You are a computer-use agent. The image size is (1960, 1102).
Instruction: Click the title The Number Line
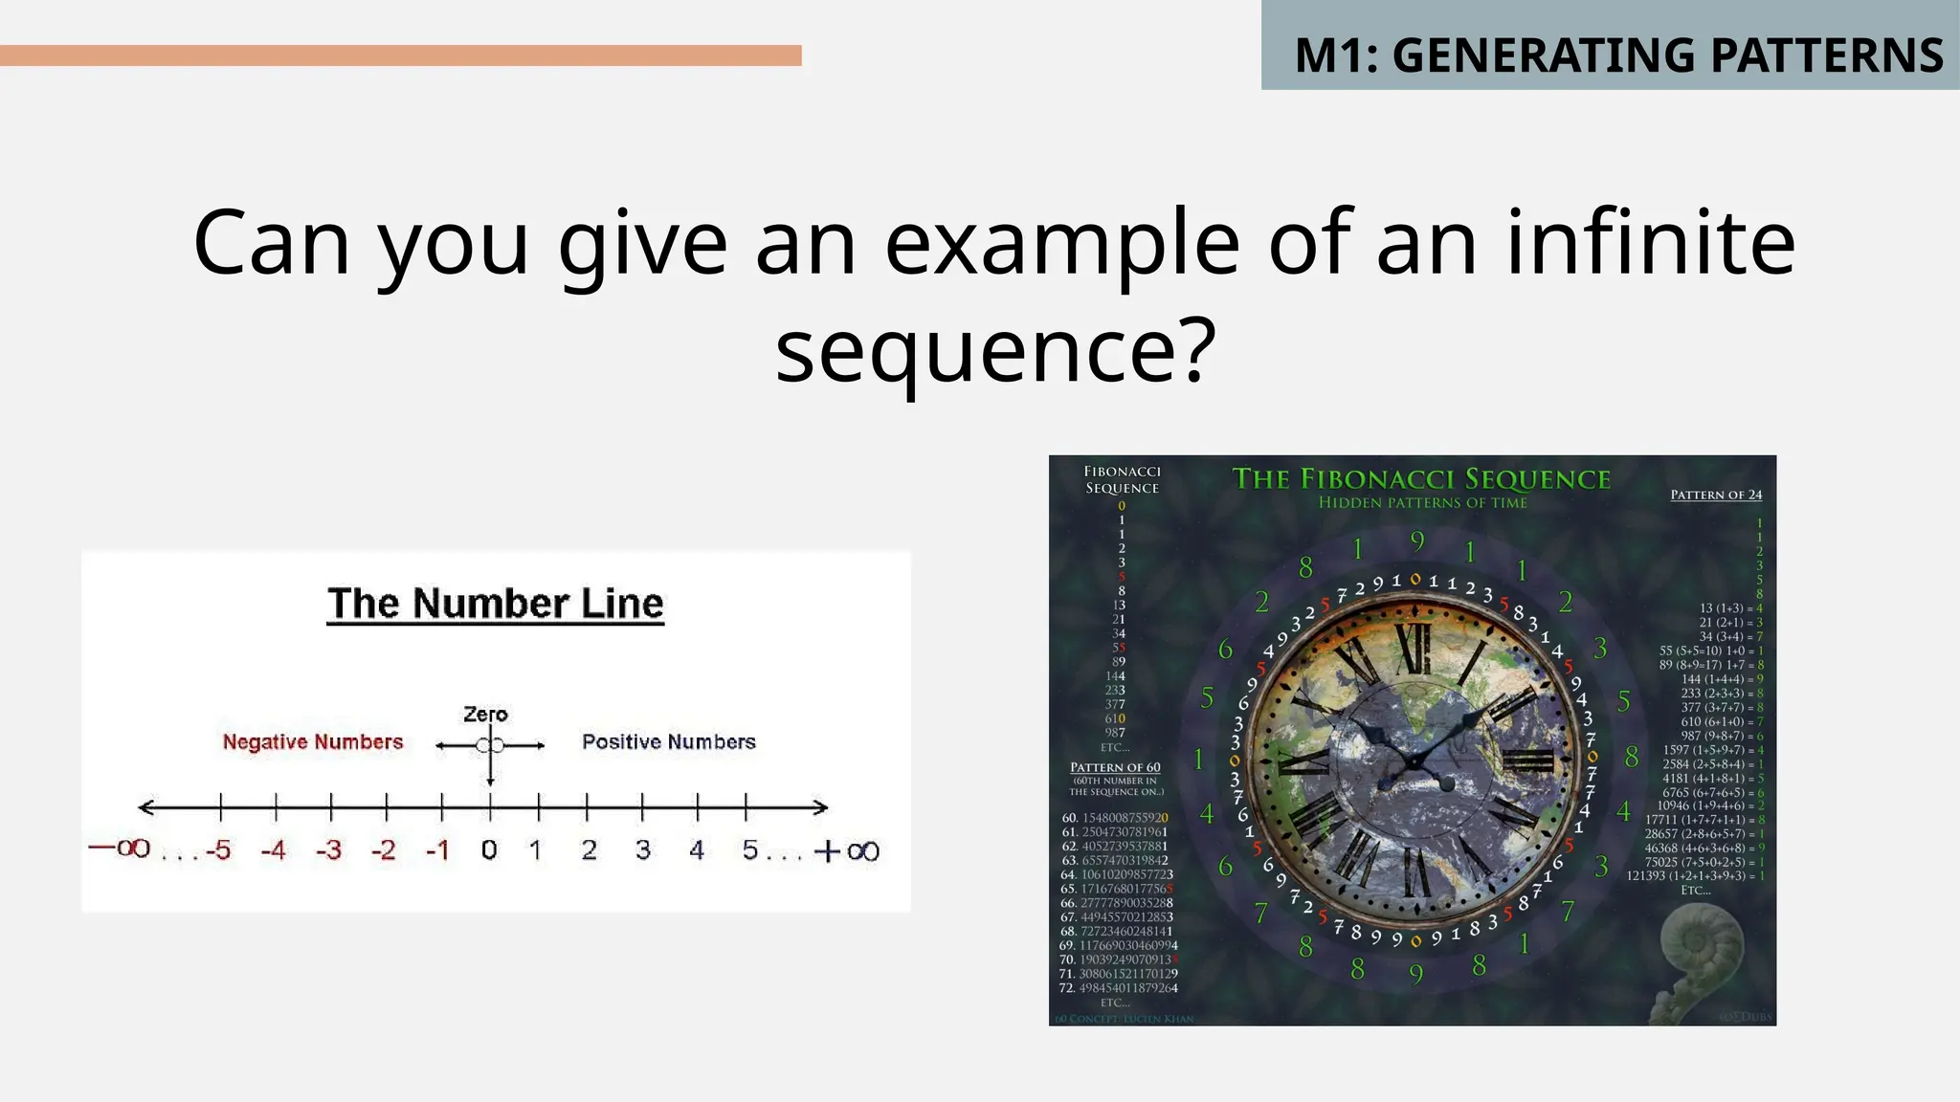pos(495,604)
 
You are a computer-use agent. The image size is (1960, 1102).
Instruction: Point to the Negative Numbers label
pos(313,741)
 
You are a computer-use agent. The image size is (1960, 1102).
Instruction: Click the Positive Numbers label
pos(668,741)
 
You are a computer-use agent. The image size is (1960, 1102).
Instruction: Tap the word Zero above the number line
pos(485,715)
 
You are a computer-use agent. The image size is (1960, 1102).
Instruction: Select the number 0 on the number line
pos(489,849)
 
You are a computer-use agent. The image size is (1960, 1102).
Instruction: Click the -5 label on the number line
pos(218,849)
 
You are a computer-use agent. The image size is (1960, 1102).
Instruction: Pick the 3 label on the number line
pos(643,849)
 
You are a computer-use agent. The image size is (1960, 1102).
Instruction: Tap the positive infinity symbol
pos(847,850)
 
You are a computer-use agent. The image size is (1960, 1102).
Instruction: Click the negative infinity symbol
pos(120,849)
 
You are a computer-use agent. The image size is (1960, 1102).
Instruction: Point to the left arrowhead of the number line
pos(145,807)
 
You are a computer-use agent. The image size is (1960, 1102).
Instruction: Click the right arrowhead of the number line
pos(821,807)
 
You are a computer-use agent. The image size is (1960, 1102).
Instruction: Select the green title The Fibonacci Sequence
pos(1421,479)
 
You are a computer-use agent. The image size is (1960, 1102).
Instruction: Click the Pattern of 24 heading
pos(1716,495)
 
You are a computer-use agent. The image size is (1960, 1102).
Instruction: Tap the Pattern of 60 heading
pos(1115,767)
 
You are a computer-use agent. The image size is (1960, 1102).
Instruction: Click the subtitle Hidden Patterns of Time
pos(1422,503)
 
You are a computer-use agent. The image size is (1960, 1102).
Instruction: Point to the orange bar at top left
pos(400,55)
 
